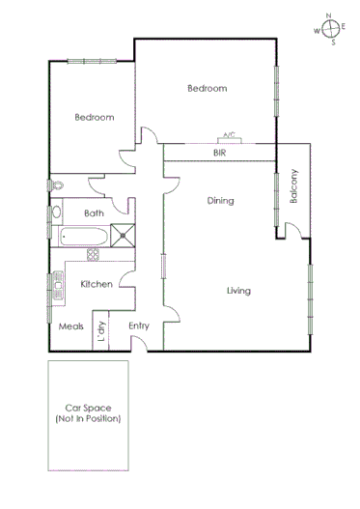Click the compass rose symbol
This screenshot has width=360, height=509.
[x=330, y=29]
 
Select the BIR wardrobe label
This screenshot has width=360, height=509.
[x=220, y=153]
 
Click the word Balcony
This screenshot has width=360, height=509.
[x=294, y=186]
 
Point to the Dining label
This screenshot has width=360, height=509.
[x=221, y=201]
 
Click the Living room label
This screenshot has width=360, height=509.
[x=238, y=291]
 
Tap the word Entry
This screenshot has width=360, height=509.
[x=139, y=325]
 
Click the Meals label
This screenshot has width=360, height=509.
[x=70, y=326]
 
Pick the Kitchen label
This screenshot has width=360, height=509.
[x=97, y=284]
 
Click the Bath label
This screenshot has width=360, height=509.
[x=94, y=213]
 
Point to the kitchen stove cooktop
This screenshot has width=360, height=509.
[x=94, y=255]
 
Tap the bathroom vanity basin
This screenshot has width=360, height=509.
[x=56, y=212]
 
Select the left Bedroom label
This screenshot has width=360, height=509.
[x=95, y=118]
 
